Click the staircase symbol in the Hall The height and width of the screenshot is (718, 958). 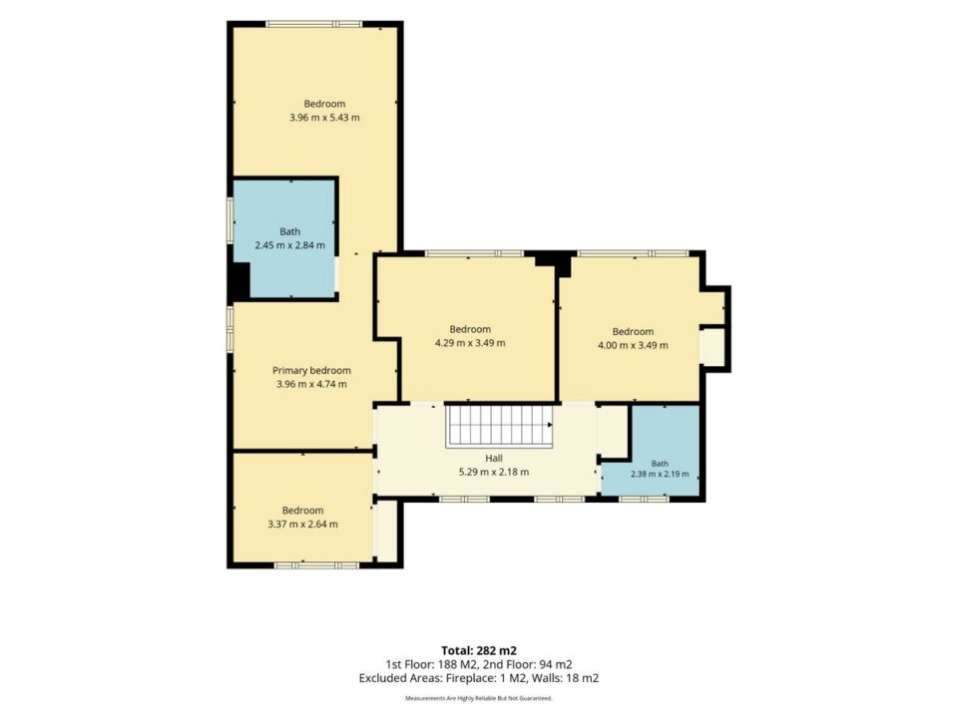click(500, 426)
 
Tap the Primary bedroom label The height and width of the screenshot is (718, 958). click(311, 371)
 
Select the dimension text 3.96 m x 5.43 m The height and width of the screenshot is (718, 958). click(324, 118)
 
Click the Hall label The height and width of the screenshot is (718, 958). click(494, 458)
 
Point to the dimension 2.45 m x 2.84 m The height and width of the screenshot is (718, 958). click(289, 245)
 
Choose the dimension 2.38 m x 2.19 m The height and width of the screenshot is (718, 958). click(660, 474)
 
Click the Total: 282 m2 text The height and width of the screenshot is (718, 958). click(479, 651)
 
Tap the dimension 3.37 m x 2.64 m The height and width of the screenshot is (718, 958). click(302, 524)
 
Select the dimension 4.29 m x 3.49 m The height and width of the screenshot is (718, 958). click(470, 343)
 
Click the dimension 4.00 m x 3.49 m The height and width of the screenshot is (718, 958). click(633, 345)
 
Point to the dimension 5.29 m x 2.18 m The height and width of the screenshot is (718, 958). click(494, 472)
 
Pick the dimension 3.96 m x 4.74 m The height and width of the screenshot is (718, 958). click(311, 385)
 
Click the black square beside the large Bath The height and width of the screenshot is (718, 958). click(239, 281)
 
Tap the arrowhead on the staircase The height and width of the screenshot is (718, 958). click(550, 425)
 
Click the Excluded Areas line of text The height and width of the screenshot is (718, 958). click(479, 678)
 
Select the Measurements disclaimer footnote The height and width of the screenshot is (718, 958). click(479, 698)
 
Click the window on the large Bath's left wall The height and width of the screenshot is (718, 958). click(230, 220)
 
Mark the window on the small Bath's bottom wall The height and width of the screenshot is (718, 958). click(645, 499)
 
